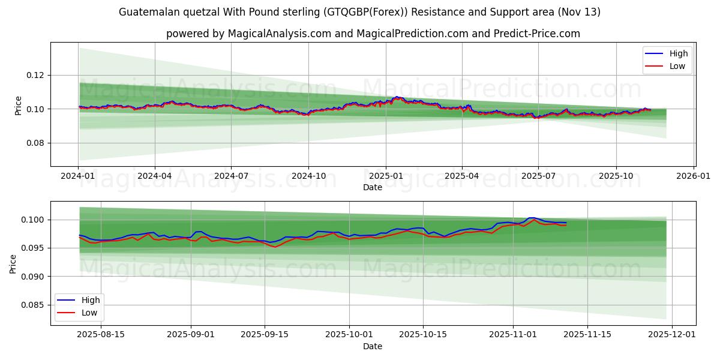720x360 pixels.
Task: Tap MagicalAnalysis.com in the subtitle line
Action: [279, 34]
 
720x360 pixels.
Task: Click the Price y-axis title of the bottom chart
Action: [13, 263]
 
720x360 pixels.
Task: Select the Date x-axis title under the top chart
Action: [372, 187]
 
